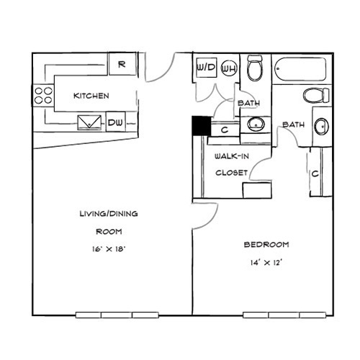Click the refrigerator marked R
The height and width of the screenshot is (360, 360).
(x=122, y=64)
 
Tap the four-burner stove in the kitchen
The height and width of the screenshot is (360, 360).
(x=43, y=95)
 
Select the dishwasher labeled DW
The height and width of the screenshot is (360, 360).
(x=115, y=122)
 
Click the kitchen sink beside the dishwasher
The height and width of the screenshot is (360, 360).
(x=89, y=122)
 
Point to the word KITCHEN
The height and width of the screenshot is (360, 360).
(x=91, y=96)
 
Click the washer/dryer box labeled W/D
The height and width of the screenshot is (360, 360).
(x=207, y=68)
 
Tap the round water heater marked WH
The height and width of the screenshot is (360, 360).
(x=229, y=68)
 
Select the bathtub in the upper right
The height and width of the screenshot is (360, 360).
(x=300, y=69)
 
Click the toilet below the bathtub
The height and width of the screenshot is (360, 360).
(x=316, y=95)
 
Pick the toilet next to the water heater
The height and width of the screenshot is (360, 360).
(x=255, y=68)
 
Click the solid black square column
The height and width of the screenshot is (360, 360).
(x=202, y=126)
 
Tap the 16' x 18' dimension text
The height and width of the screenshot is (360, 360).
(x=109, y=249)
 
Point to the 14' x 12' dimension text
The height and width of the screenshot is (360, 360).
(x=266, y=263)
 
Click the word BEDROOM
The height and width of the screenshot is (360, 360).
(x=266, y=245)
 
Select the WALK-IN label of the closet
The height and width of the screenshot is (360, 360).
(x=232, y=156)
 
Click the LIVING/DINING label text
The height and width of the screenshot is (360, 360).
(x=109, y=214)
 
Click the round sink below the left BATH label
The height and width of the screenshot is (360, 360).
(x=256, y=124)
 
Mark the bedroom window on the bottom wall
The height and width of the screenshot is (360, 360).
(x=284, y=315)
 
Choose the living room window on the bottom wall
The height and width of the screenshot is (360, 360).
(x=117, y=315)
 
